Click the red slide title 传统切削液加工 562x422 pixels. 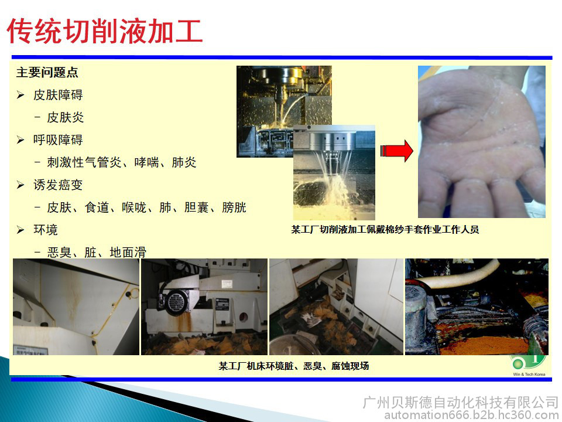point(105,31)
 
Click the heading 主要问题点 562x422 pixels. point(47,72)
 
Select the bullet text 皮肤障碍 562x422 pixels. point(58,95)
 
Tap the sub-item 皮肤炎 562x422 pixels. point(65,117)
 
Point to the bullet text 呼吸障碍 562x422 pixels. point(58,139)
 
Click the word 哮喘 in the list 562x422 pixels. point(146,162)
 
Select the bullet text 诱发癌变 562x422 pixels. point(58,185)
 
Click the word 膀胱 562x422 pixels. point(234,207)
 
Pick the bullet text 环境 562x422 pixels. point(46,230)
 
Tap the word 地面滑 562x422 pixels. point(128,252)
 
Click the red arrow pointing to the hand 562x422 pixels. point(397,151)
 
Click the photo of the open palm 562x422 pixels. point(482,142)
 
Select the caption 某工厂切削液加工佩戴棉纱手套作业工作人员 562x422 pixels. point(385,229)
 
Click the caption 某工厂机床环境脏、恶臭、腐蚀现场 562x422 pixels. point(293,366)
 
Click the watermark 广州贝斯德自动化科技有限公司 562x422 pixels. point(461,402)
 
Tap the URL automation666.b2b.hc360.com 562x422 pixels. point(471,415)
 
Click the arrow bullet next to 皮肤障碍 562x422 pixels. point(20,95)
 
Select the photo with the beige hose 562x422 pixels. point(477,307)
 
